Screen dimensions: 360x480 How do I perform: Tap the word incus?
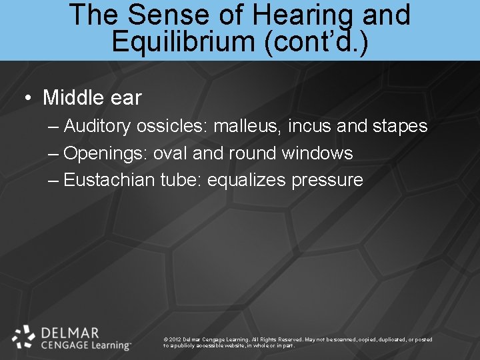pos(309,126)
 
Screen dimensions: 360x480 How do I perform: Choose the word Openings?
pos(105,153)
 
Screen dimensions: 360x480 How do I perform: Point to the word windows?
pos(317,153)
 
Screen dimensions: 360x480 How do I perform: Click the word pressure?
pos(328,181)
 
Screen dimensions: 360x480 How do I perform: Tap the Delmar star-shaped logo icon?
pos(23,337)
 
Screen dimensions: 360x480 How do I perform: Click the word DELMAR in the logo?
pos(70,332)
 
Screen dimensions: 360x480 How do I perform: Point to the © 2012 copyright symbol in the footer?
pos(165,340)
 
